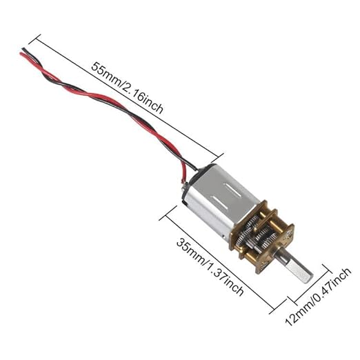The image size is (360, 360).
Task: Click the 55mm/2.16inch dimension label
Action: point(127,88)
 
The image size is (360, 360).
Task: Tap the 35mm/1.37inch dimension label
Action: point(210,267)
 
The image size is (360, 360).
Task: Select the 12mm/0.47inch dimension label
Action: point(319,297)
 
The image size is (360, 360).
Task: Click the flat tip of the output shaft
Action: point(308,278)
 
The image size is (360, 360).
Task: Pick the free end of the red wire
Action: point(21,54)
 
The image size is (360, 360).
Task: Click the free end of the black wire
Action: point(23,49)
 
